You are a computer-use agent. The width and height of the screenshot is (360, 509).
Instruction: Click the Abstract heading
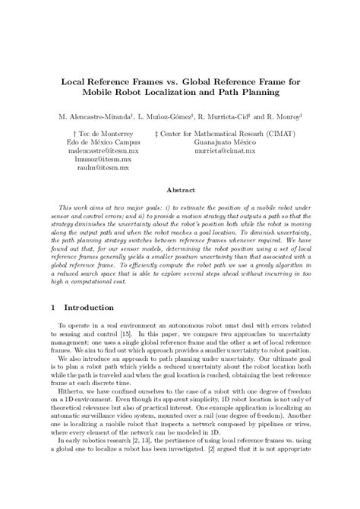(x=179, y=194)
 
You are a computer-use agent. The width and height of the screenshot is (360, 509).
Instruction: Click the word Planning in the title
(x=258, y=92)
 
